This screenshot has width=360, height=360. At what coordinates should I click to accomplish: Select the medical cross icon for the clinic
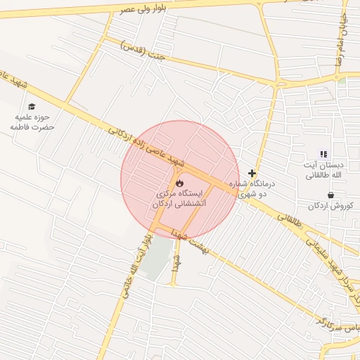pyautogui.click(x=252, y=173)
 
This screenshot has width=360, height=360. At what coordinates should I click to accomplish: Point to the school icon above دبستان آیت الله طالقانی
pyautogui.click(x=323, y=154)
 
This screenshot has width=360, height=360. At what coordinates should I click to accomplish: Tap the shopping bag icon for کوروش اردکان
pyautogui.click(x=330, y=195)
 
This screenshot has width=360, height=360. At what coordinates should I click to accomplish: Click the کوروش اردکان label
pyautogui.click(x=333, y=206)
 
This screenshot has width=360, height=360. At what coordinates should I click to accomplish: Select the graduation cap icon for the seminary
pyautogui.click(x=32, y=106)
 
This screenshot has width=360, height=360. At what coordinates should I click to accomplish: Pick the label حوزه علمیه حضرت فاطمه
pyautogui.click(x=32, y=122)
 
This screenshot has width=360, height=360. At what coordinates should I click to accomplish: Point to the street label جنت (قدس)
pyautogui.click(x=145, y=51)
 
